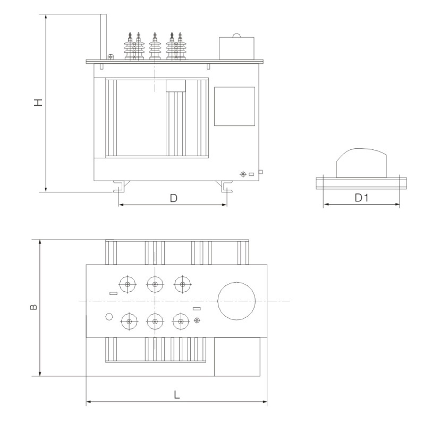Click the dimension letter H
tap(39, 103)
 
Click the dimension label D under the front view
tap(173, 198)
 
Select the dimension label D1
tap(361, 198)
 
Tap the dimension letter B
tap(33, 307)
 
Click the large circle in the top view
tap(236, 301)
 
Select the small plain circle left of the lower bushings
tap(109, 316)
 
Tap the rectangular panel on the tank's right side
tap(234, 106)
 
